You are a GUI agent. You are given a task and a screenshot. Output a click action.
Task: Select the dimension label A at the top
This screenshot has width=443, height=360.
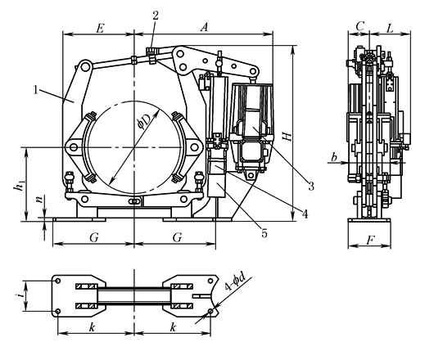(x=204, y=28)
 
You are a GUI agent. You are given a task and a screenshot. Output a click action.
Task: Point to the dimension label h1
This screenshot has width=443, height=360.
(x=19, y=185)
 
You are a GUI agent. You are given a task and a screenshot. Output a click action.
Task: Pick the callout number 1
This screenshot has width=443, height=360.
(x=36, y=90)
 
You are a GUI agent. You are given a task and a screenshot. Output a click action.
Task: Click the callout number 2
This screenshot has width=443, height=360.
(x=156, y=15)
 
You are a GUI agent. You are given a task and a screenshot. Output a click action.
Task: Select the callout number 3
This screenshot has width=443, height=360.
(x=311, y=187)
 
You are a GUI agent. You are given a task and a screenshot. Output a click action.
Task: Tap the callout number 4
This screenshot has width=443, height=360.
(x=305, y=214)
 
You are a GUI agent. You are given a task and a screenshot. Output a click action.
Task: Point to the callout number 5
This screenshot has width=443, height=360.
(x=264, y=233)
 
